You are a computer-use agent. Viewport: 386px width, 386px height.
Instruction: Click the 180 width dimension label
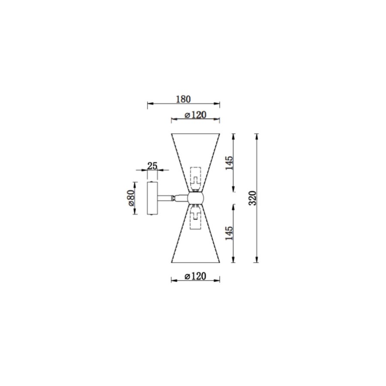tap(184, 99)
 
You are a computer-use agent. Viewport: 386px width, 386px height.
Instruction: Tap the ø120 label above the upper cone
tap(196, 115)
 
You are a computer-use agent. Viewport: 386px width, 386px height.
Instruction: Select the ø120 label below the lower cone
tap(196, 276)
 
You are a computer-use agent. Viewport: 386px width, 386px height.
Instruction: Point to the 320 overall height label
tap(253, 198)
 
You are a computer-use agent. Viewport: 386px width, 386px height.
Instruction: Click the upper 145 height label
tap(229, 163)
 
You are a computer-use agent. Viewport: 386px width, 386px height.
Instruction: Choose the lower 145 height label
tap(229, 233)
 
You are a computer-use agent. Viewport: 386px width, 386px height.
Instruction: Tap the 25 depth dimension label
tap(152, 166)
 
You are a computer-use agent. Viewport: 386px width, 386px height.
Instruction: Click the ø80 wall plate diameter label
tap(131, 198)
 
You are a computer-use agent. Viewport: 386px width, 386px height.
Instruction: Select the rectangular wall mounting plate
tap(152, 198)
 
